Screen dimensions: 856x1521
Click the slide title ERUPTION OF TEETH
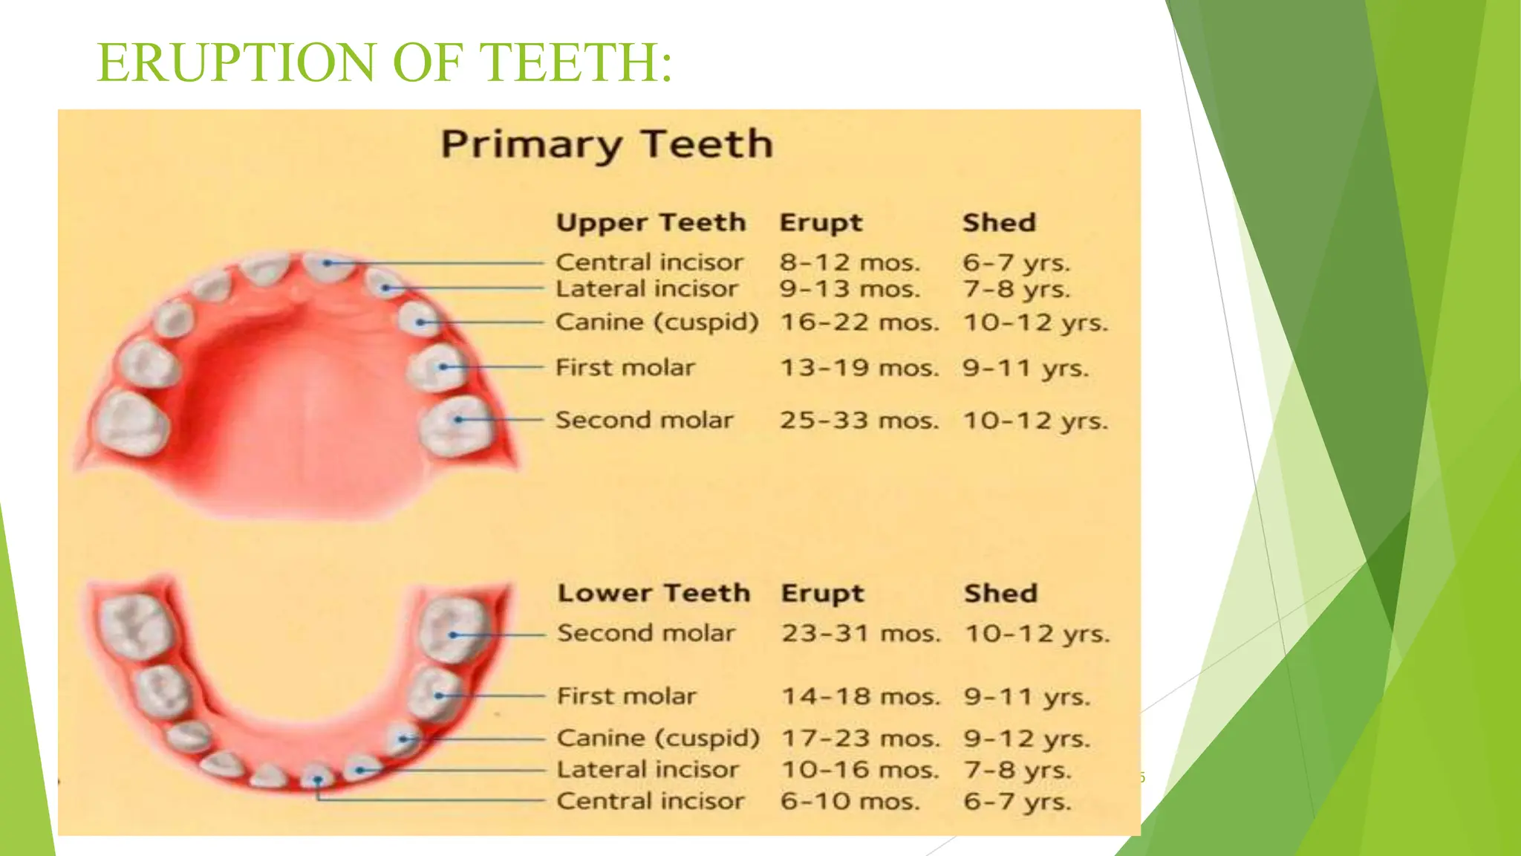tap(385, 62)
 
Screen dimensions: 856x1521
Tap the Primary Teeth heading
tap(607, 144)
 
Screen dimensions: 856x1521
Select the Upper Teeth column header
tap(651, 223)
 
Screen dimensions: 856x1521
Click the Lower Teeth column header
tap(654, 593)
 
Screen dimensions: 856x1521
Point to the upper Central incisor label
tap(649, 262)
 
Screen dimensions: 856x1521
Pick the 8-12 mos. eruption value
tap(850, 262)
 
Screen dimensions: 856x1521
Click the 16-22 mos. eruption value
tap(859, 322)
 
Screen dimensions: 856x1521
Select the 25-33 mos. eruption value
tap(859, 421)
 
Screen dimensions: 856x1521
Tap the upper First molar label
tap(625, 368)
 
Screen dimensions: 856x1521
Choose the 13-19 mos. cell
tap(859, 368)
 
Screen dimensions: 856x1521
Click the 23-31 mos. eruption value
tap(861, 634)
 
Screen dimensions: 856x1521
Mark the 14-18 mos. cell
tap(861, 697)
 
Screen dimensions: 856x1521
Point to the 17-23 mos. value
tap(861, 739)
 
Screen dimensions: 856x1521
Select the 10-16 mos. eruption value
tap(860, 770)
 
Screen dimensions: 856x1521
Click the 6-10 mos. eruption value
tap(850, 802)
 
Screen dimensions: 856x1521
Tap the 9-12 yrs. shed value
tap(1027, 739)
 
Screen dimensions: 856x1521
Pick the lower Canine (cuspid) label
tap(658, 739)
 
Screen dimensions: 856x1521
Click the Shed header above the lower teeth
tap(1000, 593)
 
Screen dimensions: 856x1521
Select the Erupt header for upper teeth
tap(821, 223)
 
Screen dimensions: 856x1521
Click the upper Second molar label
tap(644, 421)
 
